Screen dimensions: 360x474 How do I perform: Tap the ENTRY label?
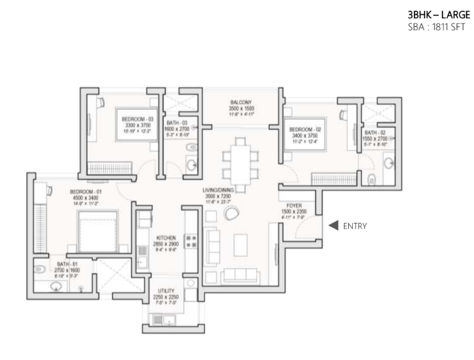tap(354, 226)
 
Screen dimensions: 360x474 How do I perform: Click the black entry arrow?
tap(333, 226)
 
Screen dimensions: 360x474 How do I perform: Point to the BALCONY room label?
tap(240, 102)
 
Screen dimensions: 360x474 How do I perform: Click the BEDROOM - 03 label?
tap(137, 119)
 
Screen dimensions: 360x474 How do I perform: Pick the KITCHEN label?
tap(166, 238)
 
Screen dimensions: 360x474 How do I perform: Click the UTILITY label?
tap(167, 291)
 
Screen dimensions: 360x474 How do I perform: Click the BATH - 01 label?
tap(68, 264)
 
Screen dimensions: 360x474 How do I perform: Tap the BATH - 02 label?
tap(379, 132)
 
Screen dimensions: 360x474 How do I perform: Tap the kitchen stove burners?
tap(189, 242)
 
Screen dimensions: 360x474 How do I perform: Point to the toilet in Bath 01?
tap(39, 270)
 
